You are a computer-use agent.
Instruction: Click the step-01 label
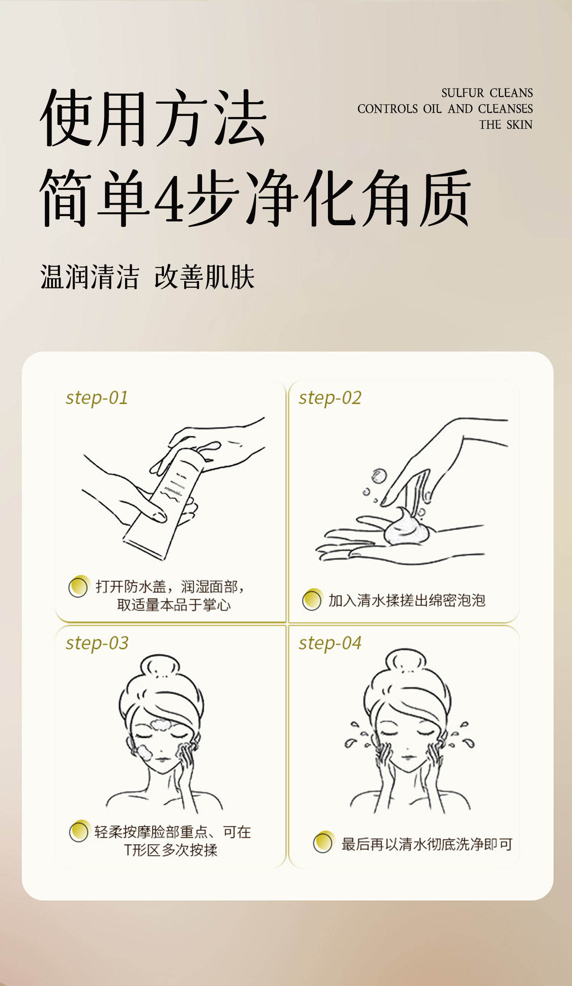(97, 398)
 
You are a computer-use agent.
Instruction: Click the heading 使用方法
(153, 118)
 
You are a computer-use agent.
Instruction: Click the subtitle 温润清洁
(90, 277)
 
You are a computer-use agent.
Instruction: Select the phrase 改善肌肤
(204, 277)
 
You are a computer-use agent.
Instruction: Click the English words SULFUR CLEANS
(487, 93)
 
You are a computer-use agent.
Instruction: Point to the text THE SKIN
(506, 125)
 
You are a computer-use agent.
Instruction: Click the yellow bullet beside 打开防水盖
(79, 587)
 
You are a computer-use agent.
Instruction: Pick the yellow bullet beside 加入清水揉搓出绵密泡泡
(312, 600)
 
